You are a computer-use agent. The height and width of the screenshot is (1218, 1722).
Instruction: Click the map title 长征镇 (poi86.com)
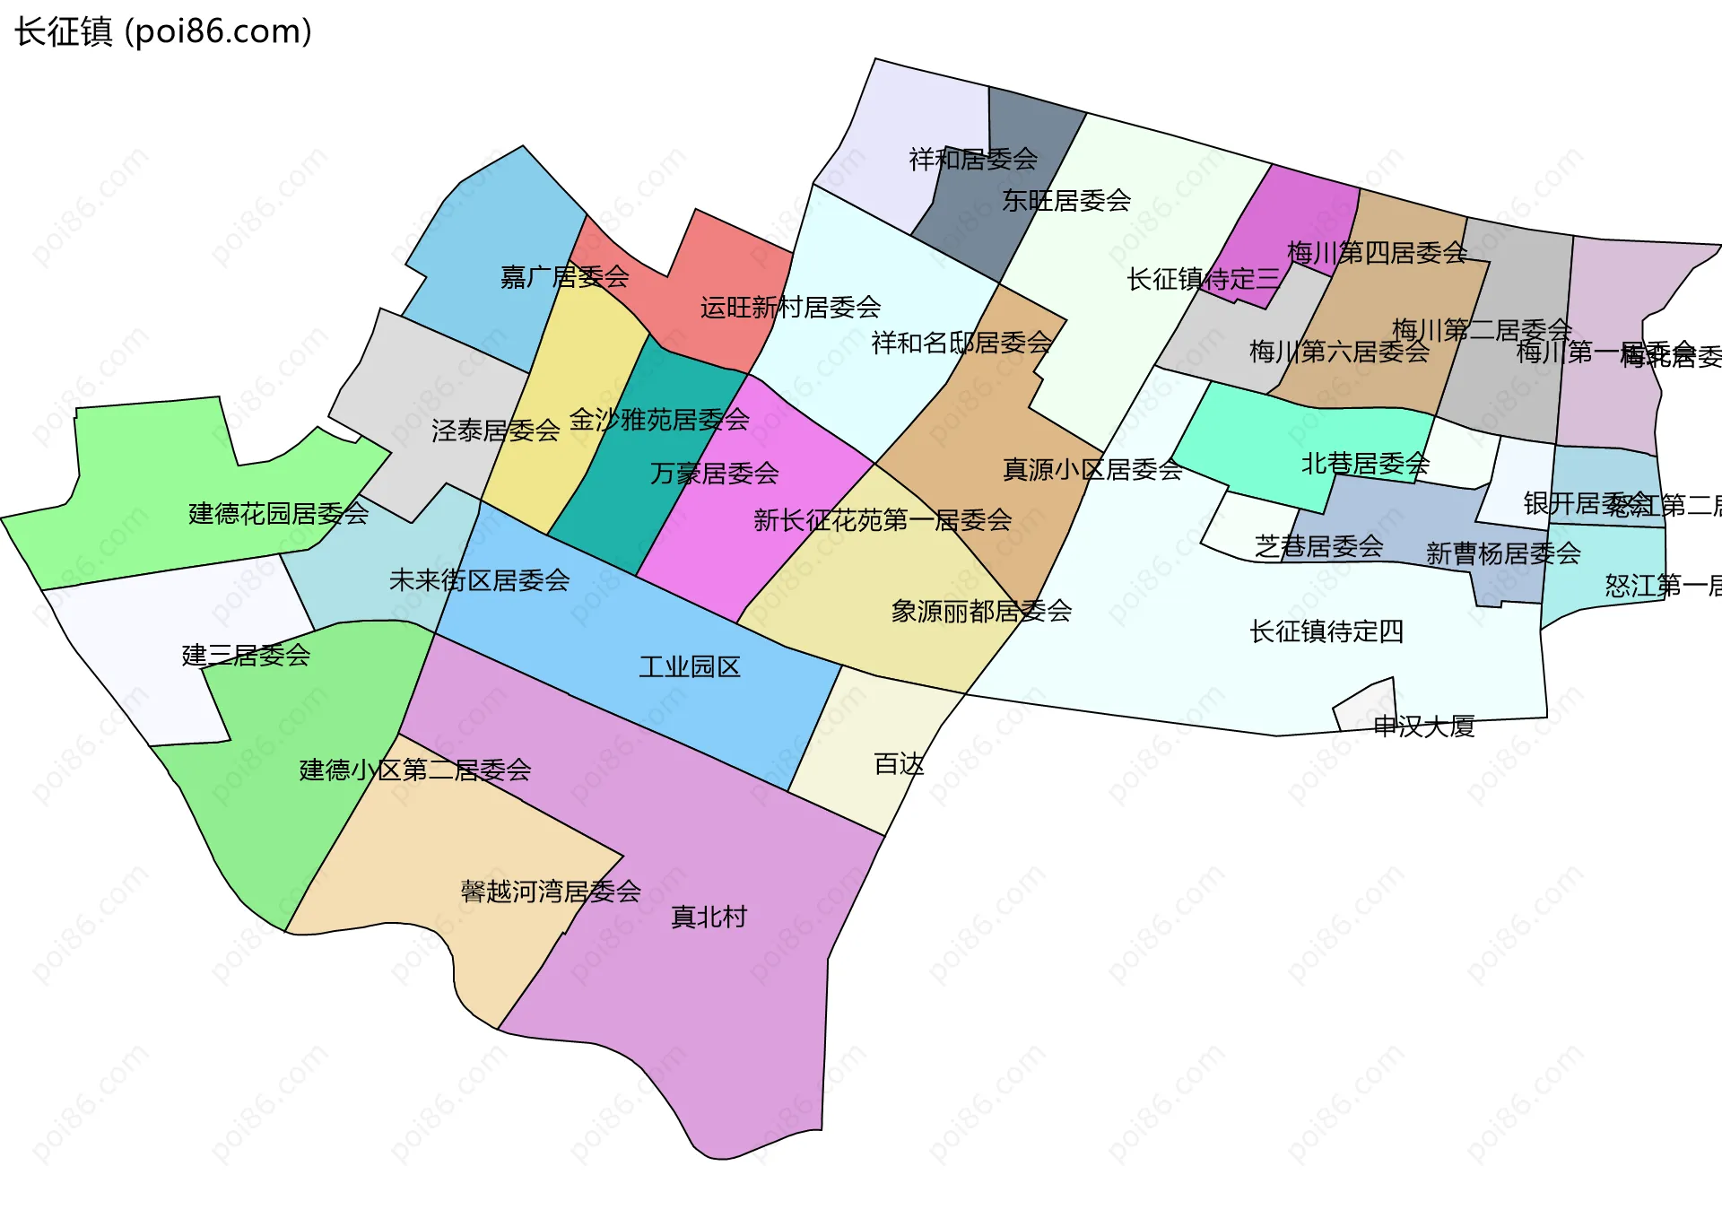(163, 31)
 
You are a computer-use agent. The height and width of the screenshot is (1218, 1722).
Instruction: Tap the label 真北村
(709, 917)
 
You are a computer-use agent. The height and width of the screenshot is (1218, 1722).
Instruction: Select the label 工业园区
(690, 666)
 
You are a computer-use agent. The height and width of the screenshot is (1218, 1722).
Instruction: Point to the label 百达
(899, 764)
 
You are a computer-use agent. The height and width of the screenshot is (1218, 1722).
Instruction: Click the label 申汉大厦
(1424, 726)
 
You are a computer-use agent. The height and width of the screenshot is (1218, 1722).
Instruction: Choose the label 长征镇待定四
(1326, 631)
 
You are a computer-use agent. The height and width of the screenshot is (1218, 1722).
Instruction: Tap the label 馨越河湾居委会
(551, 891)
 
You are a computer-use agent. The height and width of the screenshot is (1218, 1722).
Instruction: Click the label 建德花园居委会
(279, 513)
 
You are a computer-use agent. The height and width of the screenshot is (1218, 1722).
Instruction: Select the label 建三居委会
(246, 655)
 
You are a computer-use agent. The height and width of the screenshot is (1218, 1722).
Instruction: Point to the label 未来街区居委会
(480, 580)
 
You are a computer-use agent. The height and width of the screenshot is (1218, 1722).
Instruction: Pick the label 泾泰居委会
(496, 431)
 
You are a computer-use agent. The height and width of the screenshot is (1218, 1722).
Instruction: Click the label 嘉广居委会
(565, 276)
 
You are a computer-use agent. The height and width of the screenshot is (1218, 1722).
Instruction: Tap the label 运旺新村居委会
(790, 308)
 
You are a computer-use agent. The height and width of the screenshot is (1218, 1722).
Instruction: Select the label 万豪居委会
(714, 473)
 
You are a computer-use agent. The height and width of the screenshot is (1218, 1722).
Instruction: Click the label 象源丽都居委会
(981, 611)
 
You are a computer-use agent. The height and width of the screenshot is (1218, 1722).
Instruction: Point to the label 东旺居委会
(1066, 200)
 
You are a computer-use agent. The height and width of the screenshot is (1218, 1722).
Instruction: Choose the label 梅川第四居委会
(1377, 253)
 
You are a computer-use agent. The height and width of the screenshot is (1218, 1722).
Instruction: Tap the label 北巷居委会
(1365, 464)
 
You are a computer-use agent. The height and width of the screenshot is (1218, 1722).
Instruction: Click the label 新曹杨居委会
(1503, 553)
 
